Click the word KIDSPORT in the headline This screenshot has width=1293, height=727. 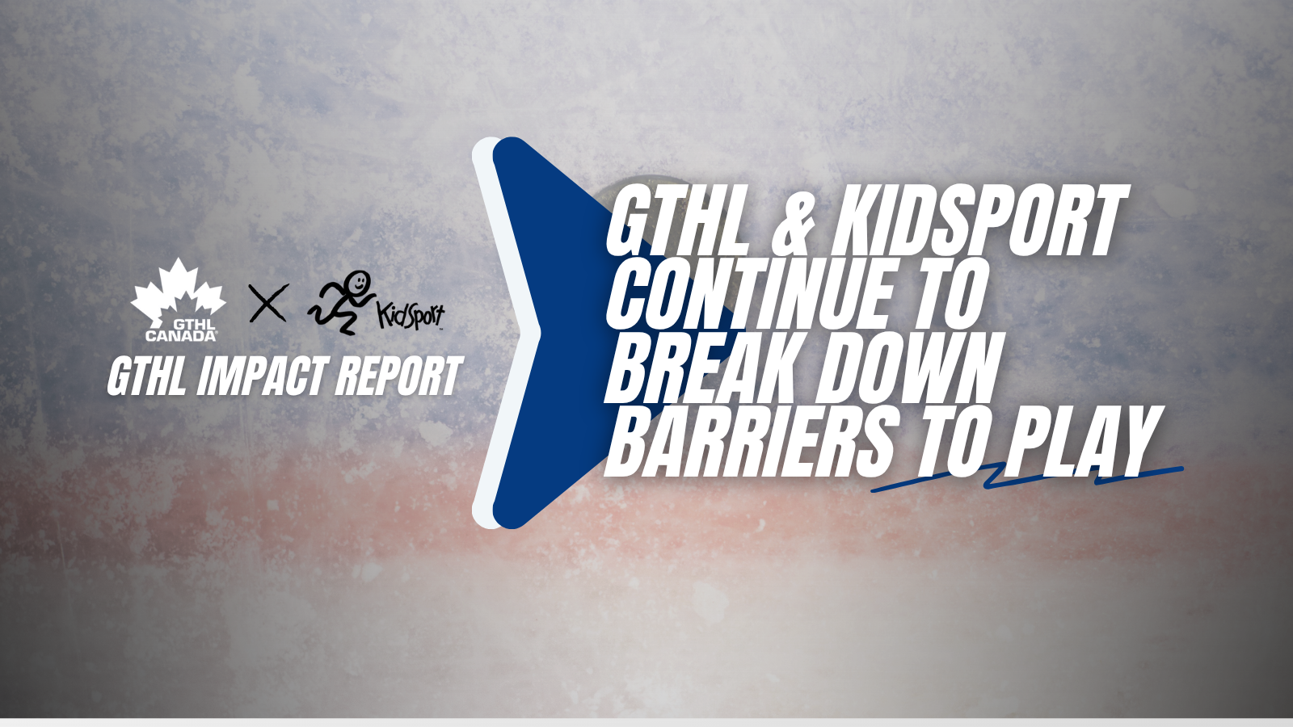(979, 221)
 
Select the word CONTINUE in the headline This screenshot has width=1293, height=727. (757, 294)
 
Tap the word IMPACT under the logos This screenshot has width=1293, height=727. (262, 376)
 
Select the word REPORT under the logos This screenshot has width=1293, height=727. (399, 376)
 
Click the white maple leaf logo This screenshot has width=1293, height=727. (179, 292)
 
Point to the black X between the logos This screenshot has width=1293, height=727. (267, 303)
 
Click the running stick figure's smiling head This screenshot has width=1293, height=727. (359, 283)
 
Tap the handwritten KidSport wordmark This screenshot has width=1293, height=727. (411, 315)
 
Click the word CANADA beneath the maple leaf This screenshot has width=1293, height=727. (181, 335)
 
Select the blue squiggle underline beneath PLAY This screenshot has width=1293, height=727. (1027, 477)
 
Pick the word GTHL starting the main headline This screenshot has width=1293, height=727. (676, 221)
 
